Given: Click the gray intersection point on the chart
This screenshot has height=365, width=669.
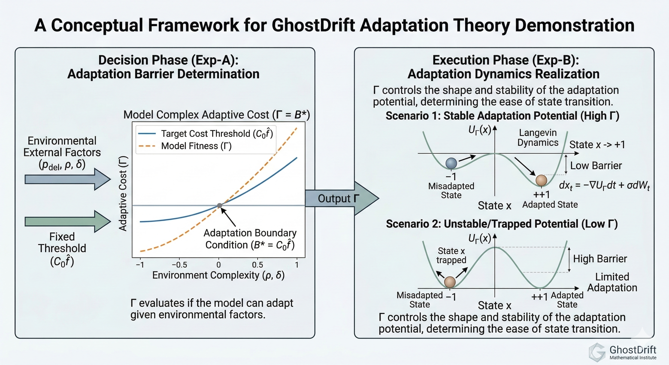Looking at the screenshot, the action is click(x=220, y=206).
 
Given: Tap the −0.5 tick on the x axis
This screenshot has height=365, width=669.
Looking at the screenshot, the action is click(x=179, y=265).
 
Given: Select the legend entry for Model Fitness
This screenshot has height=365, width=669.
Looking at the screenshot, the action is click(x=185, y=146).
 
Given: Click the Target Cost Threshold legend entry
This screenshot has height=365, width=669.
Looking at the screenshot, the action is click(x=205, y=134).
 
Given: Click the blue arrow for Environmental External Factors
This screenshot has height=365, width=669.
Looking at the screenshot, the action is click(x=68, y=179).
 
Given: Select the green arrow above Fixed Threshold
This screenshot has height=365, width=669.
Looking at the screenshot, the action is click(x=68, y=221).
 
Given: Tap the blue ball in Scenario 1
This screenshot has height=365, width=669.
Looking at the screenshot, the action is click(x=451, y=163).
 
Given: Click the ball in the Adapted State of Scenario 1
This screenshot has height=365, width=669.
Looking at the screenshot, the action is click(x=541, y=180).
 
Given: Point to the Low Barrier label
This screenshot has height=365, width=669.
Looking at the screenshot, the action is click(x=596, y=165).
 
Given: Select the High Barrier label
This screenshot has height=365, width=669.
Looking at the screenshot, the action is click(x=600, y=259).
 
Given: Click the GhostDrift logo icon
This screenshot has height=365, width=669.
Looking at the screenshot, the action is click(x=597, y=353).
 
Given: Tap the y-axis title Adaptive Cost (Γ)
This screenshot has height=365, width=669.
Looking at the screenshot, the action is click(x=123, y=193).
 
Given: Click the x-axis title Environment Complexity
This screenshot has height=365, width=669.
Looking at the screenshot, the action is click(x=218, y=275).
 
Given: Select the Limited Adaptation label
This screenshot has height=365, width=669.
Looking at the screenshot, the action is click(x=612, y=282).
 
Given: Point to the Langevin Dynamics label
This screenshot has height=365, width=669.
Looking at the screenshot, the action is click(x=538, y=138).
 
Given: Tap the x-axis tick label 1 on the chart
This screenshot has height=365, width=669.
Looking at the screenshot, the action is click(x=296, y=265).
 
